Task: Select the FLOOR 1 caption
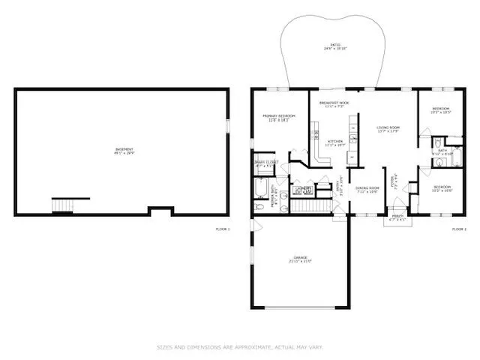click(x=223, y=228)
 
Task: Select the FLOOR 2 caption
click(x=459, y=228)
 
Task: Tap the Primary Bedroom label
click(x=278, y=118)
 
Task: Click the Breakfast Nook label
click(x=334, y=104)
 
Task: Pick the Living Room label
click(x=388, y=130)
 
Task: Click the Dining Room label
click(x=367, y=190)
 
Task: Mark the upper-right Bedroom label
click(x=440, y=111)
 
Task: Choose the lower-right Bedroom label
click(x=442, y=188)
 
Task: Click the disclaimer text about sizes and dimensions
click(x=240, y=346)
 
